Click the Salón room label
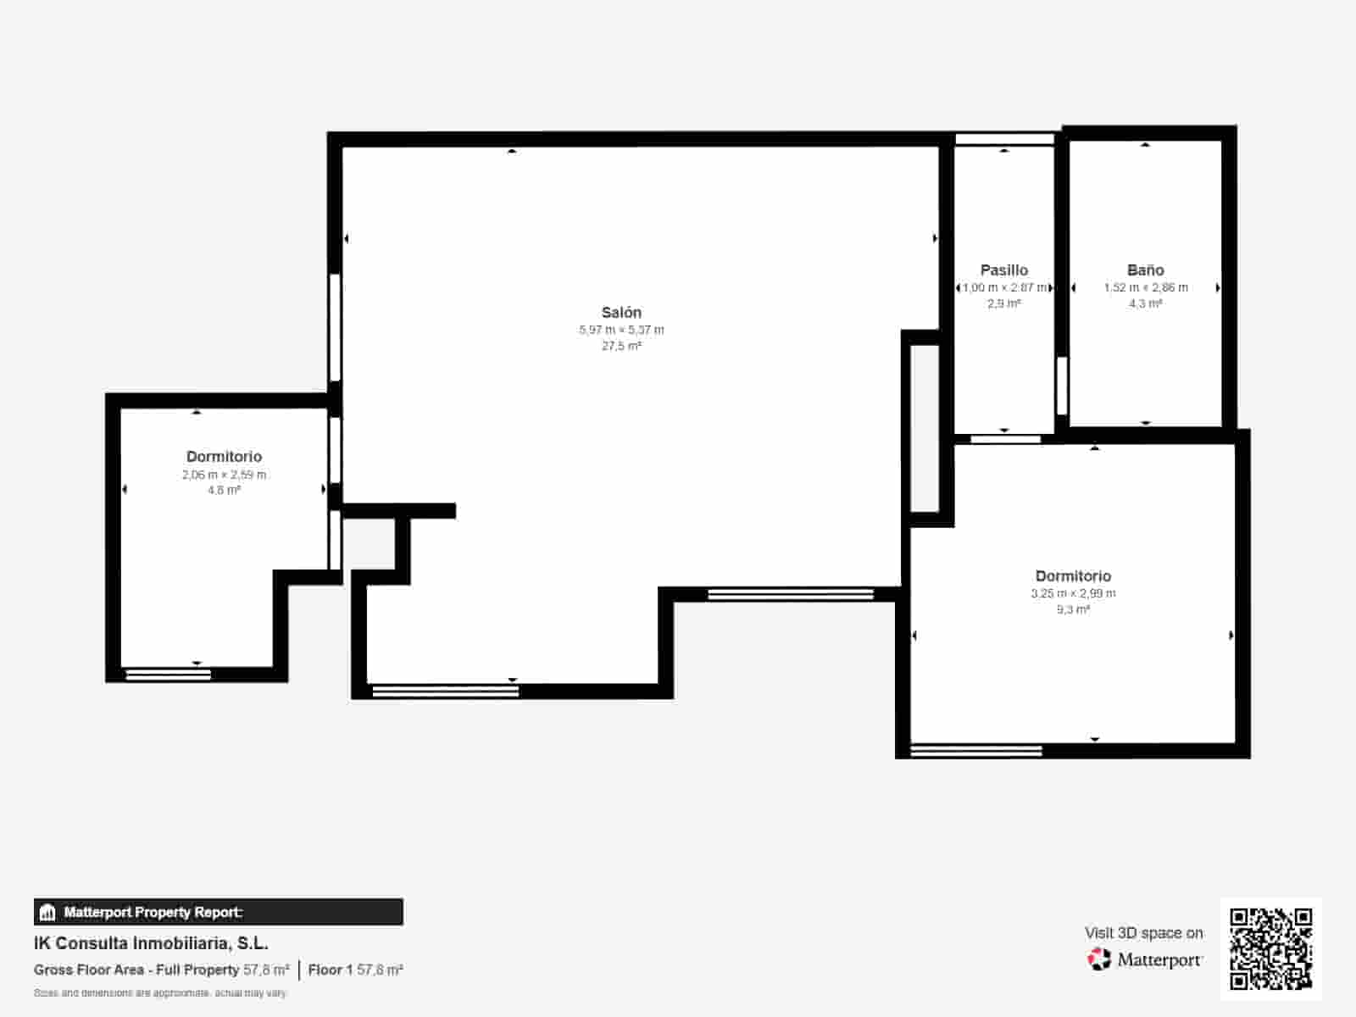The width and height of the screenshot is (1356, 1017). tap(621, 312)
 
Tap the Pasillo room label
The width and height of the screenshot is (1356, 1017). tap(1003, 270)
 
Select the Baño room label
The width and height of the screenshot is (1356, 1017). tap(1145, 270)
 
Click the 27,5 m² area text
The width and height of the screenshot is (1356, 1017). tap(621, 346)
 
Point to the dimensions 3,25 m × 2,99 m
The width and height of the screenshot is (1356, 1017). tap(1073, 593)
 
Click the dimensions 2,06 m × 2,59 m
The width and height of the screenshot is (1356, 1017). tap(224, 475)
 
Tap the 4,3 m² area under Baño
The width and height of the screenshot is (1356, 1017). tap(1145, 303)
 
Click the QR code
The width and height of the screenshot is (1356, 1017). tap(1270, 948)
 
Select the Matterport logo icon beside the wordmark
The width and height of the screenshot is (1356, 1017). tap(1099, 959)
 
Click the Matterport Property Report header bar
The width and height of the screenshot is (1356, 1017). tap(218, 912)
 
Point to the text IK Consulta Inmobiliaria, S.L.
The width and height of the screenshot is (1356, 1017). tap(151, 943)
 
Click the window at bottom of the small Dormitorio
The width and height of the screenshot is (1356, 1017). tap(168, 675)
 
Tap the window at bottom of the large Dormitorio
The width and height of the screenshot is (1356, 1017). tap(975, 750)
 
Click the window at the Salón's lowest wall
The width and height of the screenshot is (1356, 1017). tap(446, 692)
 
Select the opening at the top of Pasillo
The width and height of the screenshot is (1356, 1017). tap(1004, 139)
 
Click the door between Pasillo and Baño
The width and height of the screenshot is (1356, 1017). tap(1061, 386)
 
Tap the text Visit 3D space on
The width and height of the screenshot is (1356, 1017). tap(1143, 932)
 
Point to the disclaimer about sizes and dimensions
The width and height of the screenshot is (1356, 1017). tap(160, 992)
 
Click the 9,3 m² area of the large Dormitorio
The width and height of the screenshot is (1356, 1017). tap(1073, 609)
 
